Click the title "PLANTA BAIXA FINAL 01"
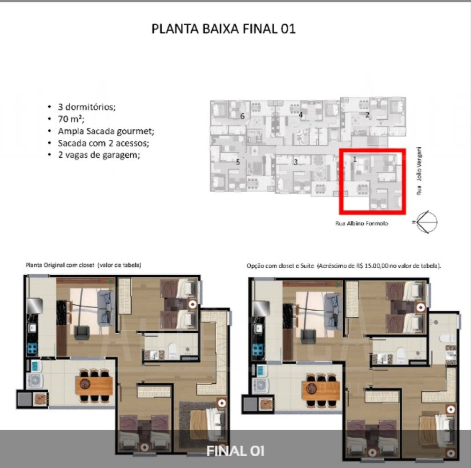coord(224,29)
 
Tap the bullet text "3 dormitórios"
coord(87,107)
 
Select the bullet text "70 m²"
coord(71,119)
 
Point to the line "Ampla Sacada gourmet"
coord(106,131)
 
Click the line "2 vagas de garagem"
coord(99,155)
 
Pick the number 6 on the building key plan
coord(242,117)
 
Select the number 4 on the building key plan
coord(301,115)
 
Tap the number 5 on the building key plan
coord(238,162)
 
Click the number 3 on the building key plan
coord(296,162)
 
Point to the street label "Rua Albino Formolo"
coord(362,224)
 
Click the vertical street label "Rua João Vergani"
coord(419,171)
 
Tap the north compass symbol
coord(426,222)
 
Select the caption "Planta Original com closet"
coord(60,265)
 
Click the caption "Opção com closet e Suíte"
coord(280,266)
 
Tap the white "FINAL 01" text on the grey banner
coord(235,451)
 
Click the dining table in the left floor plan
coord(94,386)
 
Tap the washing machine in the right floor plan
coord(261,386)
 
